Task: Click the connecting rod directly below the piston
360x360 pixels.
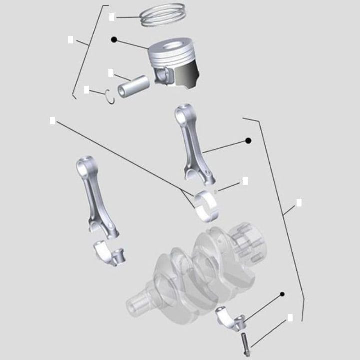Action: click(x=193, y=145)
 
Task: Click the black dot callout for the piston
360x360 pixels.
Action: click(x=114, y=39)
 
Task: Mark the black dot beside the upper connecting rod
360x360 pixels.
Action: click(x=248, y=141)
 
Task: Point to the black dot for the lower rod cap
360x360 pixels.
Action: click(x=282, y=294)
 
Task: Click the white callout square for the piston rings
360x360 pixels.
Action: click(x=112, y=17)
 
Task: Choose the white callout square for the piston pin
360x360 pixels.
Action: click(x=111, y=73)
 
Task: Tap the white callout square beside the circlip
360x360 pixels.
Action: click(x=86, y=90)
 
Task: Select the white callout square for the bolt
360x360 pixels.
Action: click(x=290, y=317)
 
